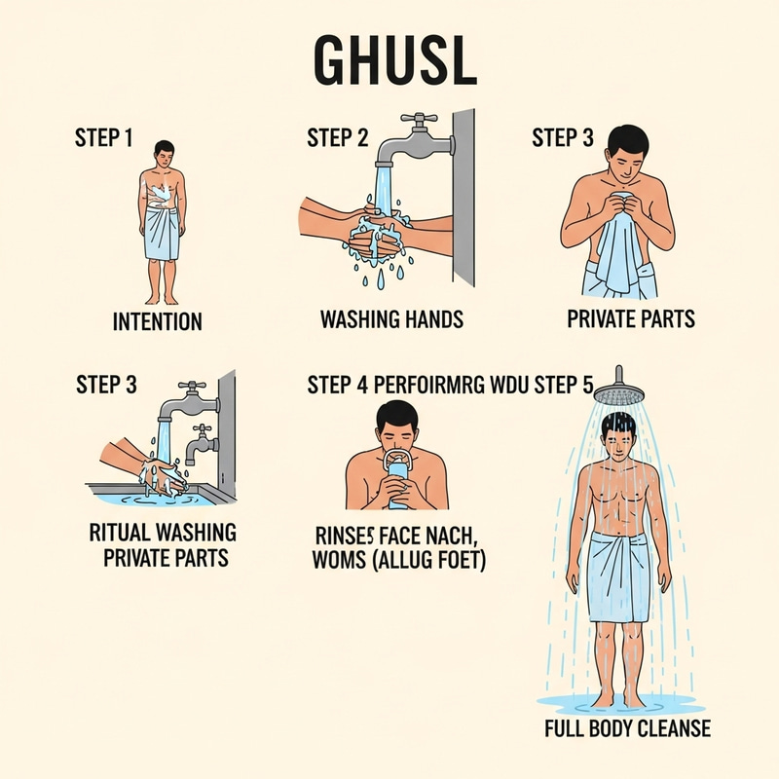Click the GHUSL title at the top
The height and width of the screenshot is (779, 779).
point(394,61)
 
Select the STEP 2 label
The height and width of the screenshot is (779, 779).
point(337,138)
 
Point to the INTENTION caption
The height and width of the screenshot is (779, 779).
point(158,320)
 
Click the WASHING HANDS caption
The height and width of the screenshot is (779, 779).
point(392,318)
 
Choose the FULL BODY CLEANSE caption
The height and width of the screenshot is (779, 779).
point(628,728)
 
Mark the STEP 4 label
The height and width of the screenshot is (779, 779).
point(336,385)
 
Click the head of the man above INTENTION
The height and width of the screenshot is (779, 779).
point(164,152)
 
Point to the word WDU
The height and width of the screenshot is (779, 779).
point(508,385)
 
